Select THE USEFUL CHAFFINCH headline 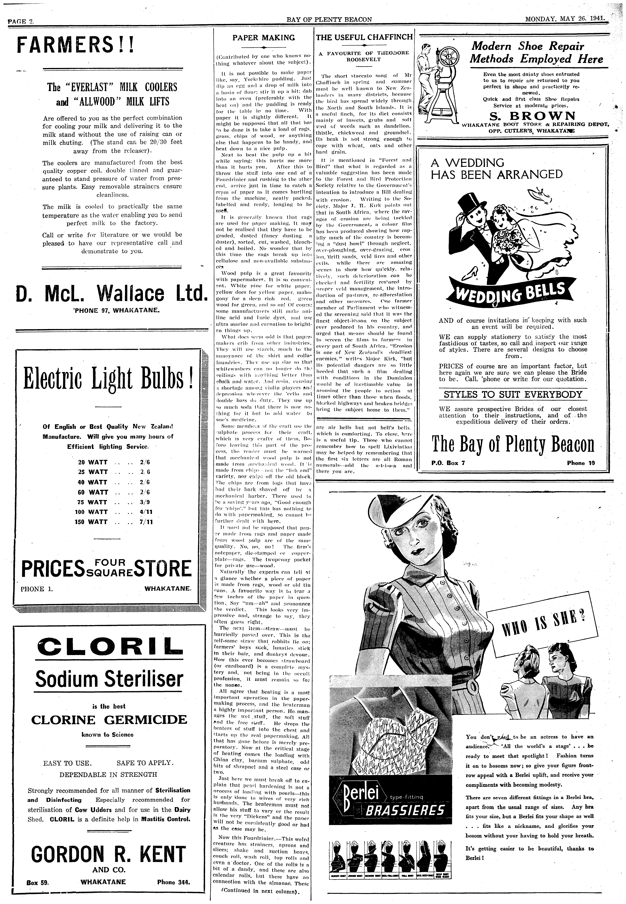point(364,37)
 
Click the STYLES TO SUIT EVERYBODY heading point(513,394)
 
